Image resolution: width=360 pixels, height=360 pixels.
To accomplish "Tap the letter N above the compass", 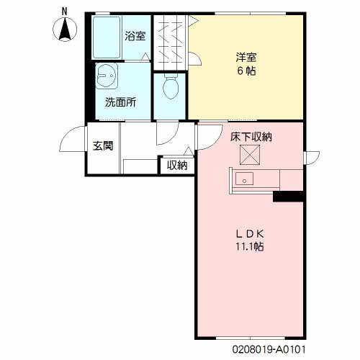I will coord(65,11).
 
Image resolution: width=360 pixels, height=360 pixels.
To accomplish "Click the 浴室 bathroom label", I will coord(134,35).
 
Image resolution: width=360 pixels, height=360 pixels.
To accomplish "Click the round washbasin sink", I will coord(107,75).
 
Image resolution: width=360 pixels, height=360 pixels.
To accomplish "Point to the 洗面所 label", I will coord(120,102).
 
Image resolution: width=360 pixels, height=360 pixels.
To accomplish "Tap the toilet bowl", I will coord(171,88).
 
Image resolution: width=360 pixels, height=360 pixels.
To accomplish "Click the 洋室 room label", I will coord(246,55).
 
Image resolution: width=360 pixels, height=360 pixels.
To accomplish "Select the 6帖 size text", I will coord(246,71).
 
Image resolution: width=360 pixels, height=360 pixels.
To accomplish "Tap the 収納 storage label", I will coord(177,166).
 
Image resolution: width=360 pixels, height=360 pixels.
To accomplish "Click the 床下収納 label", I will coord(251,136).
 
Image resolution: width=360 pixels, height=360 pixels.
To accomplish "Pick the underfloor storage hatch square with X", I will coord(250,154).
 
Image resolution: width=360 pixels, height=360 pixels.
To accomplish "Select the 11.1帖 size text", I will coord(250,247).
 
